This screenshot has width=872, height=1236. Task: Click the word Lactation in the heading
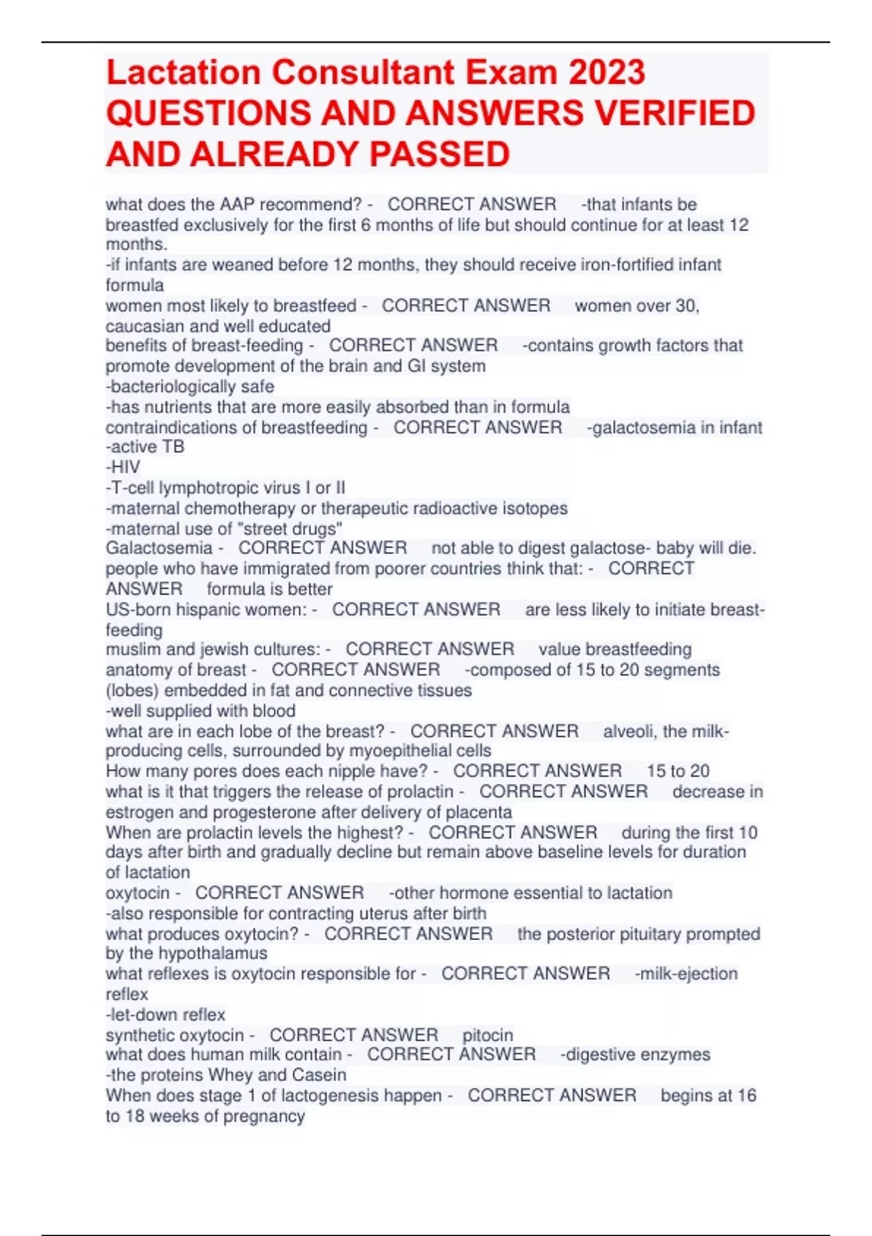tap(183, 73)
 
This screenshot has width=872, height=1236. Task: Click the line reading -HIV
tap(123, 467)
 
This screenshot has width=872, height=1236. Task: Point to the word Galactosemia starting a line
tap(159, 548)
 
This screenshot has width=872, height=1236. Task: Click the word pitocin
tap(488, 1035)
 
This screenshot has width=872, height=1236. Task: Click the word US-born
tap(137, 609)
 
